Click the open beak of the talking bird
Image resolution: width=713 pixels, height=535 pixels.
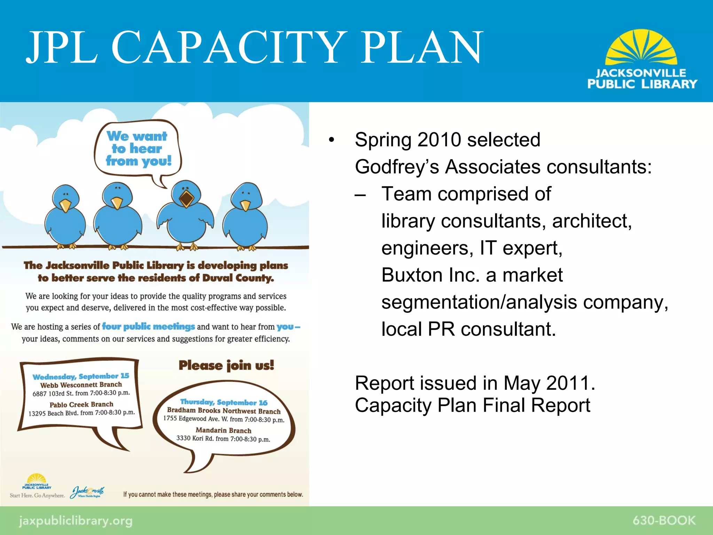[187, 199]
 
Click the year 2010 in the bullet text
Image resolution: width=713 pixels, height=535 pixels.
[439, 140]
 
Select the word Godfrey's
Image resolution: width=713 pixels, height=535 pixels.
[397, 167]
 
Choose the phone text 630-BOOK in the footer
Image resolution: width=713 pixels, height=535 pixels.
[664, 520]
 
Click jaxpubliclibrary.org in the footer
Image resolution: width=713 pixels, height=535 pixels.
[76, 521]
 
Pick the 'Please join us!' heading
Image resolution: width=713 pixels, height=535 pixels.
[226, 365]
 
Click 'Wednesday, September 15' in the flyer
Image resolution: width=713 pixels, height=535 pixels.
[81, 377]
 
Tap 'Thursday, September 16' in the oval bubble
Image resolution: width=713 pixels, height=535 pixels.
[224, 402]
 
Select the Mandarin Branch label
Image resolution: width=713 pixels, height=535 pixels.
[223, 431]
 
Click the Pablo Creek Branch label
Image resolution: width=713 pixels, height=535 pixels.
[81, 404]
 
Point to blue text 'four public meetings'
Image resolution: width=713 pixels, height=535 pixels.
[148, 327]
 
